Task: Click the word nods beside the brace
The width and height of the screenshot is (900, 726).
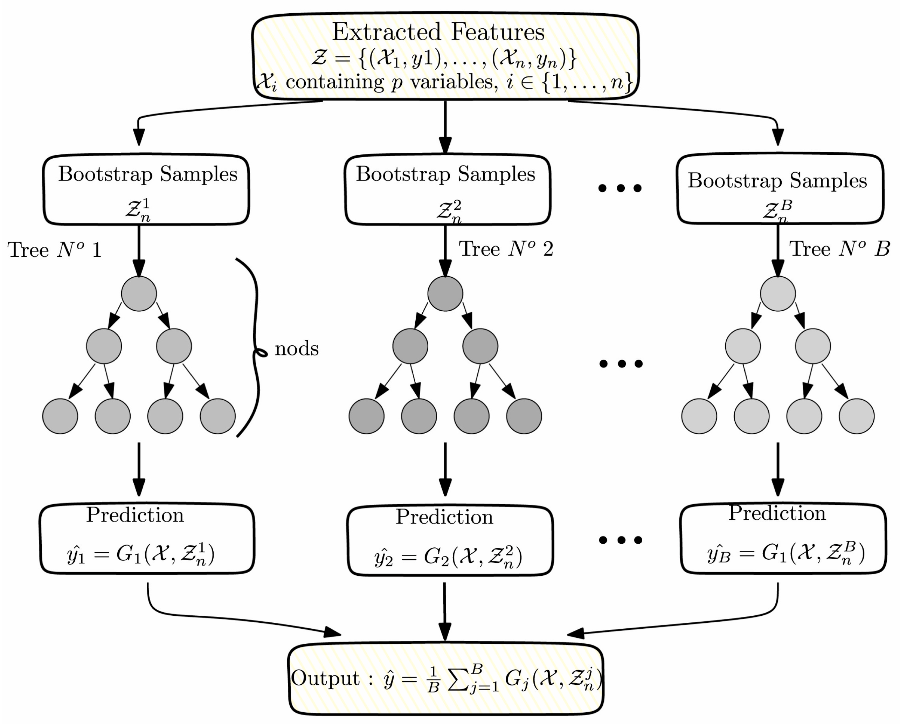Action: click(x=297, y=348)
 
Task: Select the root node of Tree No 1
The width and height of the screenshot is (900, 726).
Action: click(x=139, y=293)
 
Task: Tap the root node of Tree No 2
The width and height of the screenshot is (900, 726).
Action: click(x=445, y=293)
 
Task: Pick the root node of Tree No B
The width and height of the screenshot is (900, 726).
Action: click(x=777, y=293)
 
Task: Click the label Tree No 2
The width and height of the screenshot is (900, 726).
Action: click(x=506, y=249)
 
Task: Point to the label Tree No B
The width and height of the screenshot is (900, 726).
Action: click(x=838, y=249)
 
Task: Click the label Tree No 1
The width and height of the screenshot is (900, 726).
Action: click(x=54, y=250)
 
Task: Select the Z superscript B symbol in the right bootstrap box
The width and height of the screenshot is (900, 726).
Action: click(x=777, y=210)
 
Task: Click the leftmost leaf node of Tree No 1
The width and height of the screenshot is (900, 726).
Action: click(x=60, y=416)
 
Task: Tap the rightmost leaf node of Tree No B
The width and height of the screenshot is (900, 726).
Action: click(x=857, y=416)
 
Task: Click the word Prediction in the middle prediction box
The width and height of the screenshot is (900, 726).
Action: click(x=444, y=517)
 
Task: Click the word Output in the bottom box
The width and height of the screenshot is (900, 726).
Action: click(x=325, y=678)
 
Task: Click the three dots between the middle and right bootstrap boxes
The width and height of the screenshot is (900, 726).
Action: click(x=620, y=188)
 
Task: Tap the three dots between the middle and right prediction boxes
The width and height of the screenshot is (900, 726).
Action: click(x=621, y=540)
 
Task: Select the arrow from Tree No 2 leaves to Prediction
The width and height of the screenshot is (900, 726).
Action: click(x=445, y=468)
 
